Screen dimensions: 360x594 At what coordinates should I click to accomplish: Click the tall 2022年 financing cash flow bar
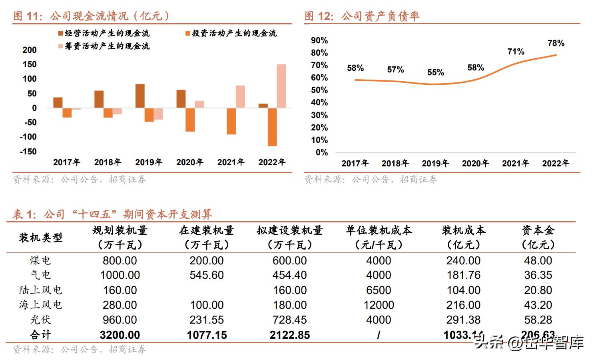coord(281,86)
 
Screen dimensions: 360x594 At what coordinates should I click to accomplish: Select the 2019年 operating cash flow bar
coord(140,96)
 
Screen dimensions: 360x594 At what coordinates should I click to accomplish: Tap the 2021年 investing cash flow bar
coord(231,121)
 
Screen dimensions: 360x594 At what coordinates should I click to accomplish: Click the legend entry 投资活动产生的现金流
coord(231,33)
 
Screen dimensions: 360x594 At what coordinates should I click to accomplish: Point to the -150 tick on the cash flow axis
coord(28,152)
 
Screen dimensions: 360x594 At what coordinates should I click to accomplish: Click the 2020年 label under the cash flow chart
coord(190,162)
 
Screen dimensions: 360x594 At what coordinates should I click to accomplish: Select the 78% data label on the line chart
coord(556,43)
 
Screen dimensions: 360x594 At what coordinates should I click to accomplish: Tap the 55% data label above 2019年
coord(435,72)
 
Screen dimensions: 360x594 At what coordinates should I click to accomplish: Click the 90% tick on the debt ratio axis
coord(319,40)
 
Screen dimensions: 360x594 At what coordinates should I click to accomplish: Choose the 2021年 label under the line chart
coord(515,163)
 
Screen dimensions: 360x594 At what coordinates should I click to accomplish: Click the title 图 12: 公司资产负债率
coord(362,16)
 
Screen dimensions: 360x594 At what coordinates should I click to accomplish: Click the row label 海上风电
coord(40,305)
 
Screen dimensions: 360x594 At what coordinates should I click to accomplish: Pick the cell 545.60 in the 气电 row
coord(207,275)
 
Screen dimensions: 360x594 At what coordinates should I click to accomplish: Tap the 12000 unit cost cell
coord(379,305)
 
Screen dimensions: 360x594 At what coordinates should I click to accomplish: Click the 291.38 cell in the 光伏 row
coord(463,320)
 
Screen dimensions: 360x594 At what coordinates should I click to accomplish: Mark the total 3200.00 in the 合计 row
coord(120,335)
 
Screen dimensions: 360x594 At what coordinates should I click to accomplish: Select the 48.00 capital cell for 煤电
coord(538,260)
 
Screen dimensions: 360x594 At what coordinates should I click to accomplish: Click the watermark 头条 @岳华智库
coord(529,343)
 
